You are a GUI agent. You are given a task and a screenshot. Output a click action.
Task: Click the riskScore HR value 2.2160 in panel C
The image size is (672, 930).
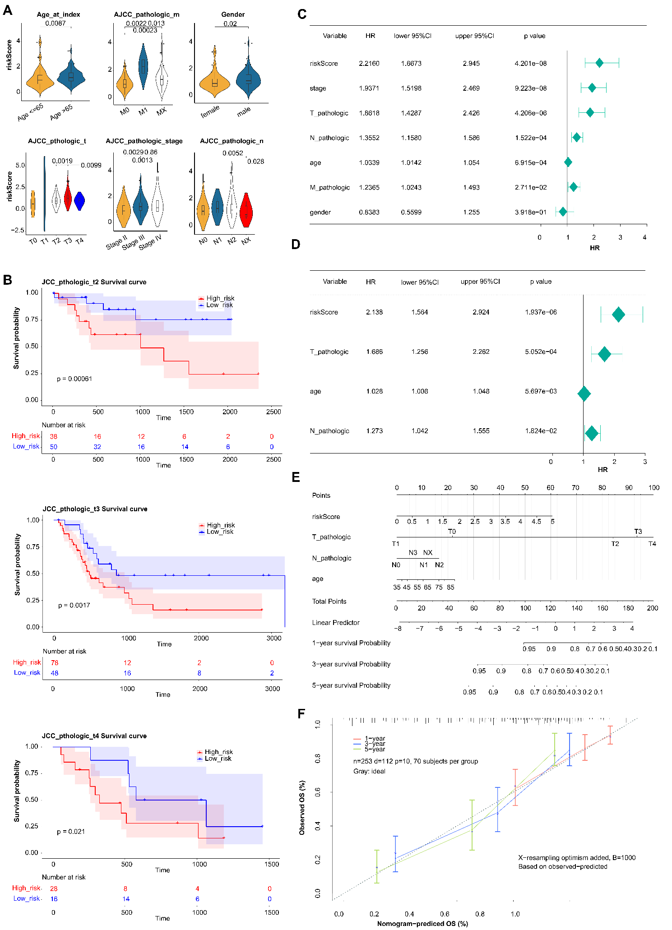369,64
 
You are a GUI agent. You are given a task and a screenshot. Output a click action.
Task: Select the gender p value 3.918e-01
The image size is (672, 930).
530,213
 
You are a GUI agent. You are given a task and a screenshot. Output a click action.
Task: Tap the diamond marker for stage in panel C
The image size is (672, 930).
592,88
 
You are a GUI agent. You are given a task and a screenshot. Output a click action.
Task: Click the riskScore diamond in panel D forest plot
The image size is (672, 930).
618,315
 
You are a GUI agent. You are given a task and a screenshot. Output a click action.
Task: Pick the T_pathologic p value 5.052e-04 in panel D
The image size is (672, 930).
541,352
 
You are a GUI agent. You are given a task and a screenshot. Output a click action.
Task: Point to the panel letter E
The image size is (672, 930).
296,477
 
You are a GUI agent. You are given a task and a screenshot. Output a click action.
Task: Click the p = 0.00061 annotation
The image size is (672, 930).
74,379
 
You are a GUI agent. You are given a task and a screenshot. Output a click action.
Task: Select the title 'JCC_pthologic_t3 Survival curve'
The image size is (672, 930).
95,509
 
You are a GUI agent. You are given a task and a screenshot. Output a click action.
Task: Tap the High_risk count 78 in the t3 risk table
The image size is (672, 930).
55,663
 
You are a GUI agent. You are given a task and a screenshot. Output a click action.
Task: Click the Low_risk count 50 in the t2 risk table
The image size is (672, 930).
54,447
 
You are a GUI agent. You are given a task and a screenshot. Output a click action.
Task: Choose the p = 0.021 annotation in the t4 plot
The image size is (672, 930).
71,832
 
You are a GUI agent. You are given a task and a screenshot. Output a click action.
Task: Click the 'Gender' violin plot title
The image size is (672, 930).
233,14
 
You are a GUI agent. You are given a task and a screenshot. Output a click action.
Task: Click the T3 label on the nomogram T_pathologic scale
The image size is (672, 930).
638,532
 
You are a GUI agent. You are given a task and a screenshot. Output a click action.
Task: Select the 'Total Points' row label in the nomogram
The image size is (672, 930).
329,601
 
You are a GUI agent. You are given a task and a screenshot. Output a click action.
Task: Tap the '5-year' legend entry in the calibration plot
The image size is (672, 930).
375,749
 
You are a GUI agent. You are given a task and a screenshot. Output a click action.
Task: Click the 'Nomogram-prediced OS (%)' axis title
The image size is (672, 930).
422,924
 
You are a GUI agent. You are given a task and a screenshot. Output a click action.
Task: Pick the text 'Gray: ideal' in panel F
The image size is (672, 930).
369,771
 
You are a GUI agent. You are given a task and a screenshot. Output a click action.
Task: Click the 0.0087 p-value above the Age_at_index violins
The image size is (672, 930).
56,23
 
